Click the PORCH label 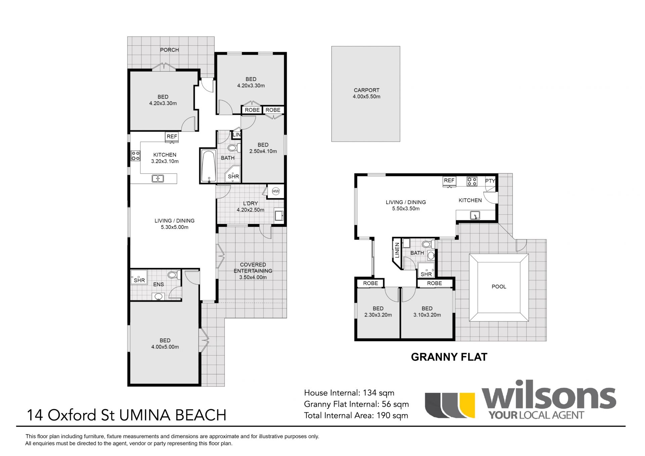(169, 50)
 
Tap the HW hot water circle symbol (276, 192)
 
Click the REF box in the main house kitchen (172, 137)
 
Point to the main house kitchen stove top (136, 156)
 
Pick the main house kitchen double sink (158, 178)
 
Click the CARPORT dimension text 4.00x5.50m (367, 97)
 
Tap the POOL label (499, 287)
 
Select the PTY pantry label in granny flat (490, 181)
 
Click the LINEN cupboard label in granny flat (397, 250)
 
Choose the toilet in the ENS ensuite (174, 275)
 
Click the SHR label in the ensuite (139, 280)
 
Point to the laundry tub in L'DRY (279, 215)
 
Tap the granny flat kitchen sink (475, 215)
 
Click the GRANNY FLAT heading (449, 357)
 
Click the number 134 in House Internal (367, 393)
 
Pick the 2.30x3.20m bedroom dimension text (378, 315)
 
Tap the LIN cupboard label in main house (237, 135)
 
